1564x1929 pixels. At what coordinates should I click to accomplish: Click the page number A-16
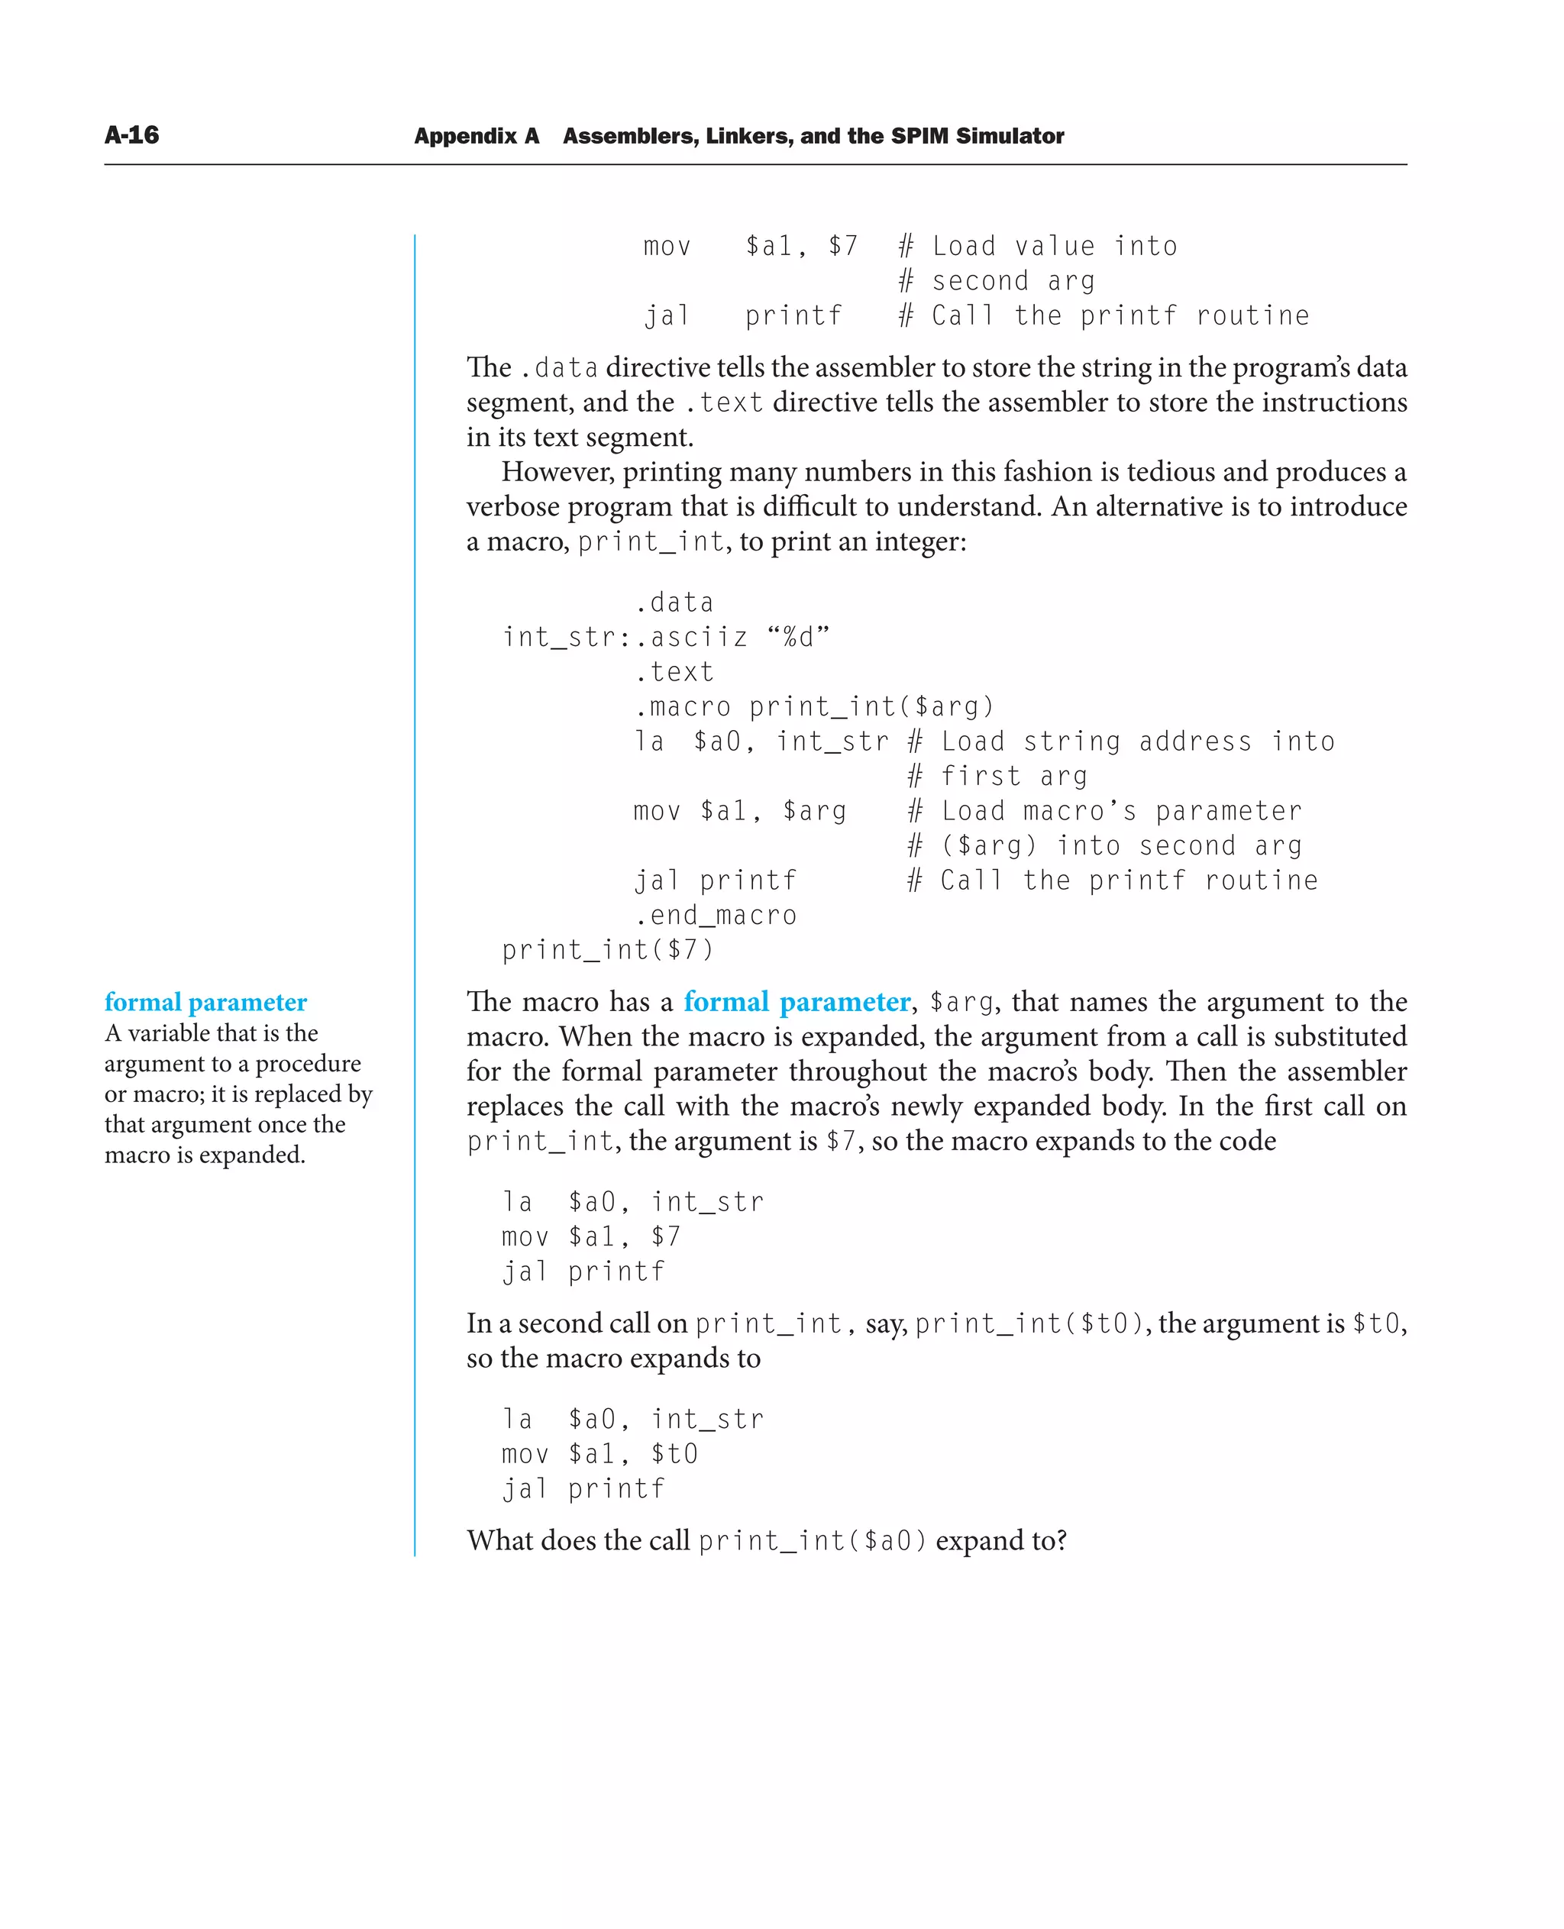click(x=131, y=135)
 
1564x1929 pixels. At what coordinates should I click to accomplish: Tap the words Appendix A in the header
click(x=476, y=136)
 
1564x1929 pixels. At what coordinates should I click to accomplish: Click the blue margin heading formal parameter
click(x=205, y=1002)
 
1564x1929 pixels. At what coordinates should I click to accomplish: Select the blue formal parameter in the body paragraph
click(x=797, y=1002)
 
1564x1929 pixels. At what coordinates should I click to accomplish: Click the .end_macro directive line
click(x=716, y=916)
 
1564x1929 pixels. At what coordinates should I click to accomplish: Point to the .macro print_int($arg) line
click(x=813, y=706)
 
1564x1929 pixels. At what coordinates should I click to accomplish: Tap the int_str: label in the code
click(x=566, y=638)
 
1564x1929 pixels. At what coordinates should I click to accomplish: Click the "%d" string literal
click(x=798, y=637)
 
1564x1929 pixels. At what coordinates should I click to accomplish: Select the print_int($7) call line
click(x=607, y=950)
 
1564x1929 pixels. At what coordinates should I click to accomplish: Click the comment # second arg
click(x=997, y=281)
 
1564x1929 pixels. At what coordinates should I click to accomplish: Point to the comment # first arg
click(x=997, y=776)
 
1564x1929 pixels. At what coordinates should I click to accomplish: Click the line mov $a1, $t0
click(x=600, y=1453)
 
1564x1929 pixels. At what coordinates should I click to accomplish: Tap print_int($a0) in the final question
click(x=812, y=1540)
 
